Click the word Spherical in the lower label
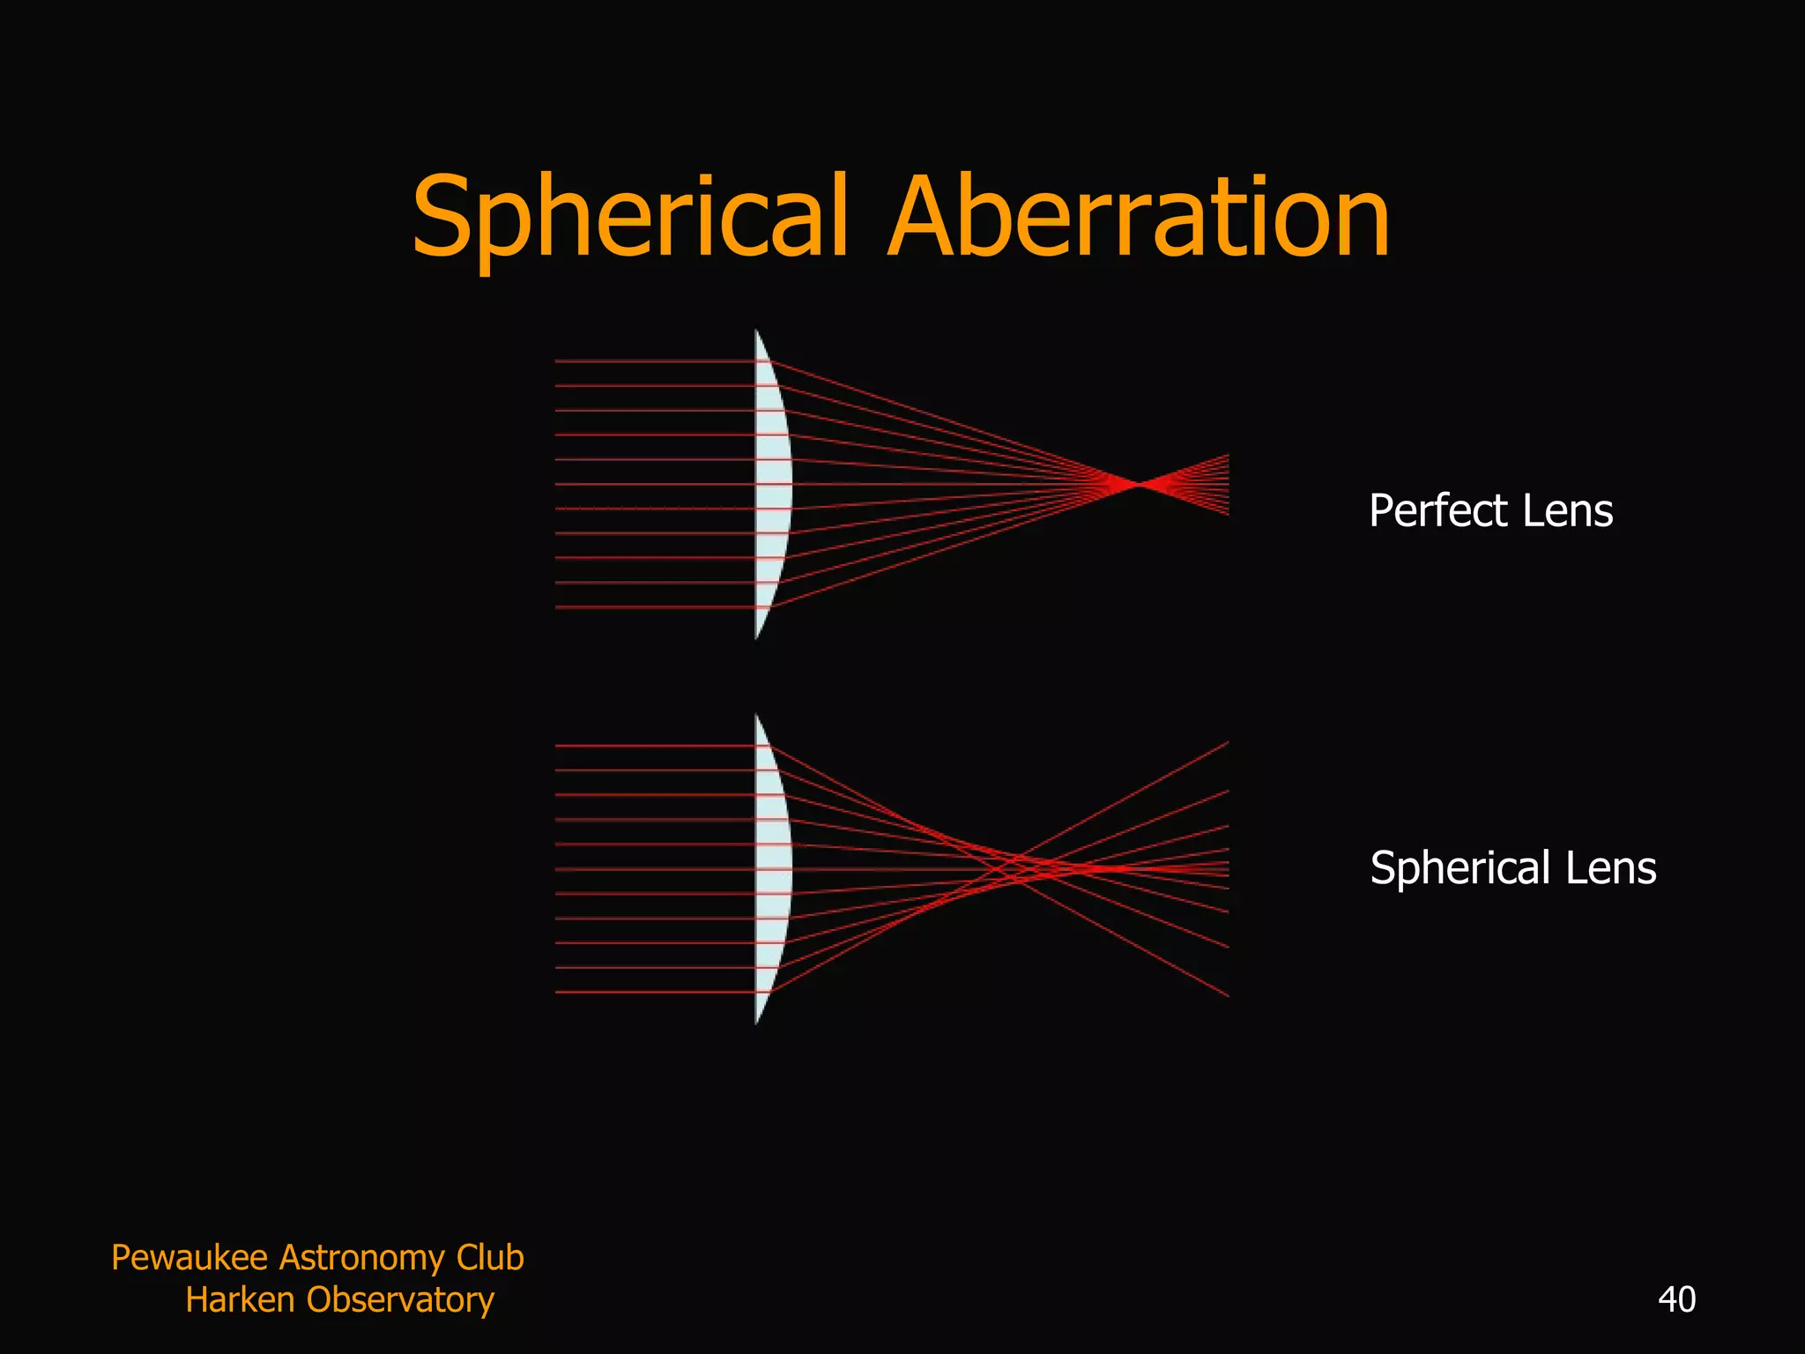pyautogui.click(x=1460, y=868)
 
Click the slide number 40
pyautogui.click(x=1676, y=1299)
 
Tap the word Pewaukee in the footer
pyautogui.click(x=189, y=1257)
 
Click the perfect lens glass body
pyautogui.click(x=772, y=484)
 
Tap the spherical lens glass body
pyautogui.click(x=772, y=869)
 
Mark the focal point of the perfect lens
pyautogui.click(x=1138, y=484)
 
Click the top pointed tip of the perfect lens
pyautogui.click(x=756, y=332)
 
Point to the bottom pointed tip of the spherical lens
pyautogui.click(x=756, y=1022)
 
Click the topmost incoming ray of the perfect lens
pyautogui.click(x=652, y=361)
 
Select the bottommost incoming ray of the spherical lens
pyautogui.click(x=652, y=993)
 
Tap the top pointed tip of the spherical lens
pyautogui.click(x=756, y=717)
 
